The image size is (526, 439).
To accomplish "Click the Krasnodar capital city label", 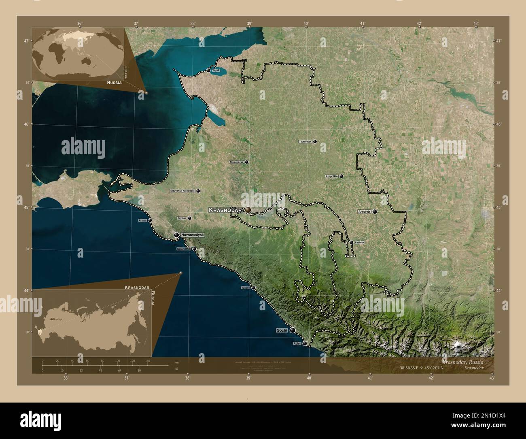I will tap(225, 210).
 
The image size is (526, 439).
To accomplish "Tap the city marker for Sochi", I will tap(292, 330).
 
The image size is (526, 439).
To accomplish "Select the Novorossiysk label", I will tap(192, 235).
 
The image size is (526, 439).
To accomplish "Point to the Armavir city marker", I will tap(375, 211).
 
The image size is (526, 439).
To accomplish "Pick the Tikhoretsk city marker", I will tap(315, 142).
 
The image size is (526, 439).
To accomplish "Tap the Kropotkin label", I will tap(332, 177).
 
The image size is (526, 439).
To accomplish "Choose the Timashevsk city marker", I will tap(246, 162).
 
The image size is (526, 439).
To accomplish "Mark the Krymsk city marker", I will tap(189, 218).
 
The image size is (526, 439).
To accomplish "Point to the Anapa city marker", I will tap(150, 220).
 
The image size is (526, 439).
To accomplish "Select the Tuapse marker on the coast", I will tap(254, 288).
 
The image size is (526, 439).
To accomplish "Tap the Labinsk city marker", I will tap(351, 242).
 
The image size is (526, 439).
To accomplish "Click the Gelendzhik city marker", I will tap(194, 249).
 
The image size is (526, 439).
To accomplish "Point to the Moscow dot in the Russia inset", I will tap(51, 319).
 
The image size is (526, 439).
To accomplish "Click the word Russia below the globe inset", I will tap(115, 82).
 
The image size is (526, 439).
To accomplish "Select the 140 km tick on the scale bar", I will tap(148, 360).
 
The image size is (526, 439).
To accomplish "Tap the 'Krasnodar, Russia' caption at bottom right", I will tap(467, 361).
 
